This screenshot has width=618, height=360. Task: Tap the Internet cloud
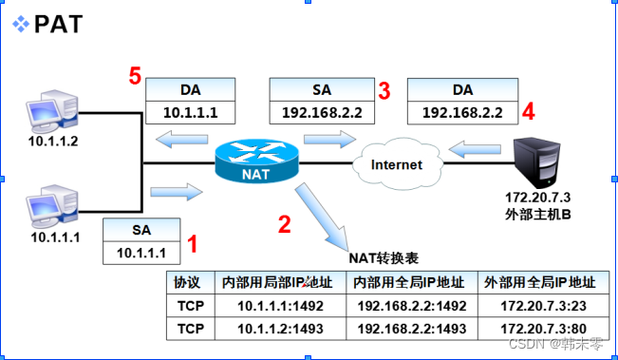click(x=396, y=164)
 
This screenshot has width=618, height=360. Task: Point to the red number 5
click(x=136, y=75)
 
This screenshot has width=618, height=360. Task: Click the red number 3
click(x=384, y=91)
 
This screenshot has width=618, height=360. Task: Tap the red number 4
click(x=529, y=110)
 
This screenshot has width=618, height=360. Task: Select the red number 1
click(x=193, y=244)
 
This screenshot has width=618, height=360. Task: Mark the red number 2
click(x=284, y=224)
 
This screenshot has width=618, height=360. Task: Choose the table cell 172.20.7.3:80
click(x=539, y=328)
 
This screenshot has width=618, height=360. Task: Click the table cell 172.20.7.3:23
click(x=539, y=306)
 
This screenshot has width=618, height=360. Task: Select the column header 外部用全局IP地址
click(x=539, y=283)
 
